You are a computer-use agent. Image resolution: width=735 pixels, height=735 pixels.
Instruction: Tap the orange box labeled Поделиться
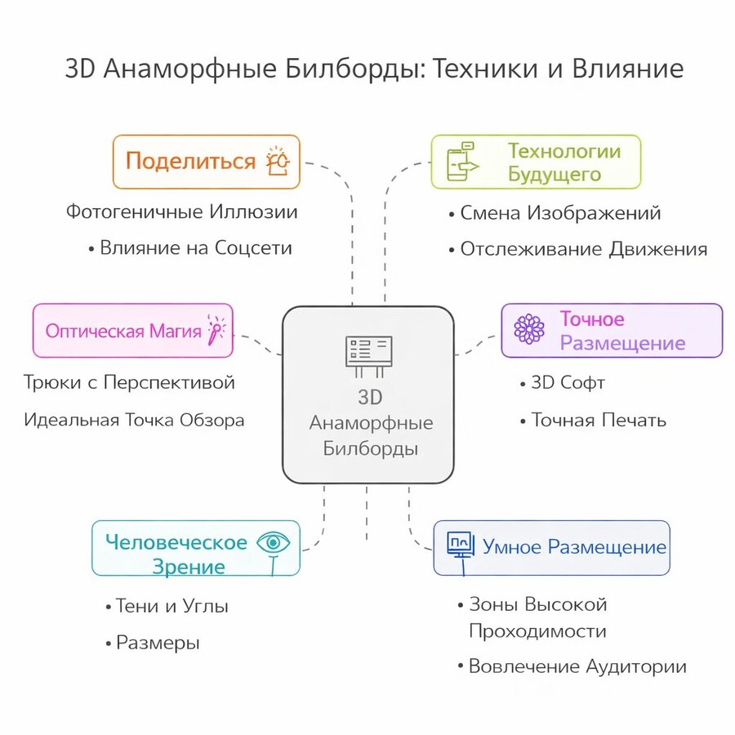point(207,162)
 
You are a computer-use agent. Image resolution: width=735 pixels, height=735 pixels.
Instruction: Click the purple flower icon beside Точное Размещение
point(529,328)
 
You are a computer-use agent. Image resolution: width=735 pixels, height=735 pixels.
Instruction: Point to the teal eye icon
point(274,544)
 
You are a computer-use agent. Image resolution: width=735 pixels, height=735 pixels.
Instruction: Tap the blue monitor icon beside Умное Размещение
point(461,546)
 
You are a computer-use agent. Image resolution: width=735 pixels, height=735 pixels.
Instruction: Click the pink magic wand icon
point(216,330)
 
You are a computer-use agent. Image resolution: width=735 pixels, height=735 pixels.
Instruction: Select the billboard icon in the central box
point(368,356)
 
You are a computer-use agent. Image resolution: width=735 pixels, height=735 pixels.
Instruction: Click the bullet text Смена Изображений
point(560,213)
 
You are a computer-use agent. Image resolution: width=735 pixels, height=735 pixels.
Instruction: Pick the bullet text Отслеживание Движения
point(584,249)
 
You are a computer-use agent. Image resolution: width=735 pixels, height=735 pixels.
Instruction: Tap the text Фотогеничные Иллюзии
point(182,212)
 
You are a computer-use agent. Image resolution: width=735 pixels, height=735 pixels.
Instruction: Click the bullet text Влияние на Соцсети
point(196,248)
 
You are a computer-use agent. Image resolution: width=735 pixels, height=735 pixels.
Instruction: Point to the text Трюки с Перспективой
point(129,382)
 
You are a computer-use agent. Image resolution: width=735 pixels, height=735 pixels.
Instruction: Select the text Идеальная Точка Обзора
point(134,420)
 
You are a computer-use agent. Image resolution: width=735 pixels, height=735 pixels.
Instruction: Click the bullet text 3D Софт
point(568,382)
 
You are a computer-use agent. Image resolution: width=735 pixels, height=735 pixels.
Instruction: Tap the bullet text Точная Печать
point(599,420)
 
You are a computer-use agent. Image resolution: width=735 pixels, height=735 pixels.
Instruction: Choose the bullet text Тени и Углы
point(171,606)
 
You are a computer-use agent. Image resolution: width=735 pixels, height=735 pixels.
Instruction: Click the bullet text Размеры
point(158,643)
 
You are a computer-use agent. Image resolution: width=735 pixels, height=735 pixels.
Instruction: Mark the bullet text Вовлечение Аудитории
point(577,666)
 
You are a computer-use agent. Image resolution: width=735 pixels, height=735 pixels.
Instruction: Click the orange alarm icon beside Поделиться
point(278,161)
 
